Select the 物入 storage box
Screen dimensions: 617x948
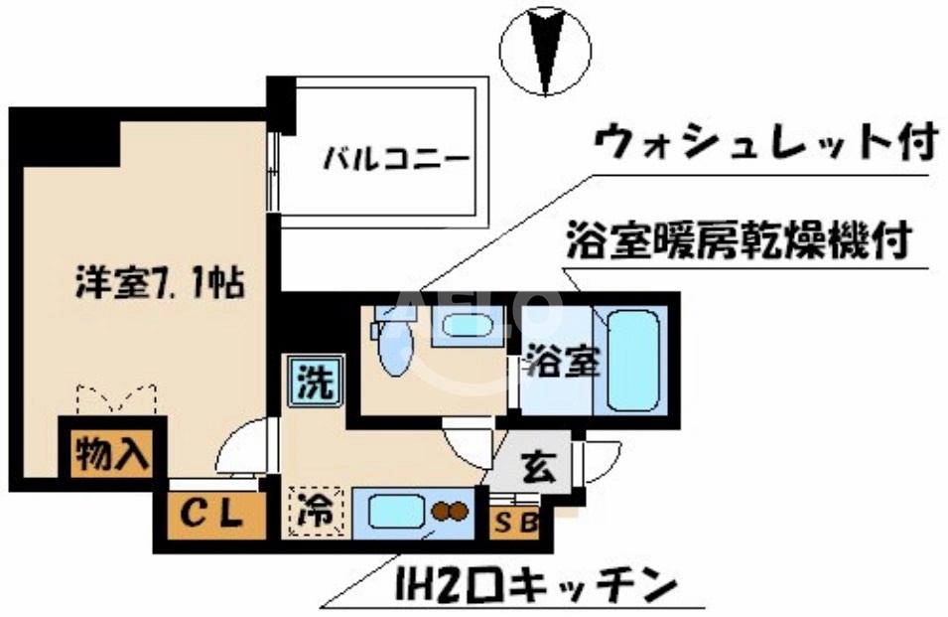coord(112,454)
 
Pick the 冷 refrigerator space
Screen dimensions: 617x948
coord(315,513)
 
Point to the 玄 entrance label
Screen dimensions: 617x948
coord(537,465)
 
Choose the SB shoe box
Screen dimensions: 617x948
coord(513,523)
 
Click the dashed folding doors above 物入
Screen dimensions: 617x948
coord(117,399)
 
